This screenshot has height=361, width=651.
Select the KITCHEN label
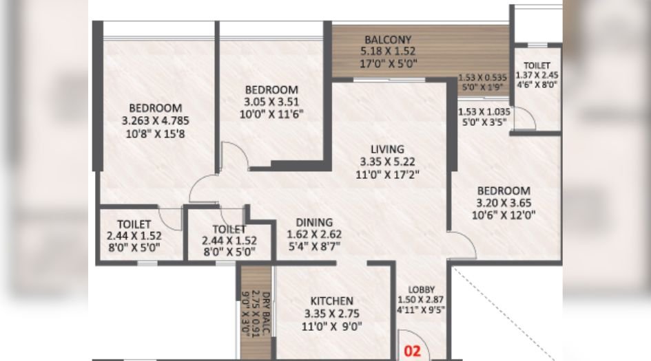331,301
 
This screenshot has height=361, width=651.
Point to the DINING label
314,222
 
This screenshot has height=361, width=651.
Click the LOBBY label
422,289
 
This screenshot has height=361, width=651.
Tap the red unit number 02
412,351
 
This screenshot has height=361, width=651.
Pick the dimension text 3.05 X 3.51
272,102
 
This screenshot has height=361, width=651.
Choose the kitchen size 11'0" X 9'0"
331,327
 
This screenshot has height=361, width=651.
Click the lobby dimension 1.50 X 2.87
422,299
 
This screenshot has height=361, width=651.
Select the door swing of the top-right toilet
526,120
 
